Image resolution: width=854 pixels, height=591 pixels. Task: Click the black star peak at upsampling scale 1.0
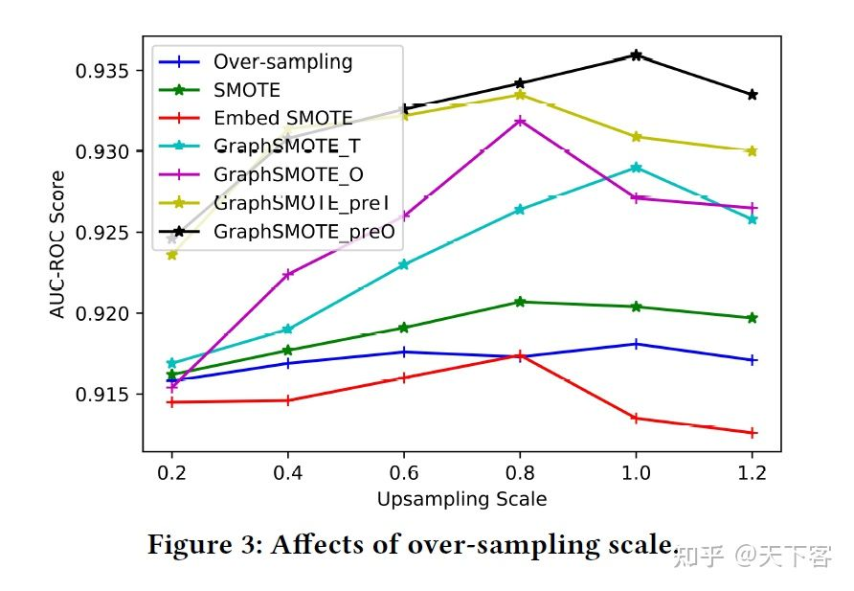click(636, 56)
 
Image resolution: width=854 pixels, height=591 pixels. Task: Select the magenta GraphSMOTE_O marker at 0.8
click(520, 121)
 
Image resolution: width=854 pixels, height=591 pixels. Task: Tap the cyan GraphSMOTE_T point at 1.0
click(636, 168)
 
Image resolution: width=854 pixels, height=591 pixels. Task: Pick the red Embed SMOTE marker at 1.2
click(753, 433)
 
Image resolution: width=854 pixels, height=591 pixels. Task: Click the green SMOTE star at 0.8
click(520, 302)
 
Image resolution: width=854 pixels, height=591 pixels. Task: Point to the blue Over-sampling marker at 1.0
click(636, 344)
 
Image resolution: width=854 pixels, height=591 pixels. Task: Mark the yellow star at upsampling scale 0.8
click(520, 94)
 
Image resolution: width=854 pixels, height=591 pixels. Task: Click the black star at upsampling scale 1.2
click(753, 95)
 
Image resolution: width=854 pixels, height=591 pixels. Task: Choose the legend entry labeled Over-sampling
click(282, 62)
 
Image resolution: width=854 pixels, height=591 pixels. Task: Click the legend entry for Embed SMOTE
click(282, 119)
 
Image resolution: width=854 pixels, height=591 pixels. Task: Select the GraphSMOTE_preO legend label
click(303, 232)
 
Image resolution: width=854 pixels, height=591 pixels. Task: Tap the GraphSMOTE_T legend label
click(287, 147)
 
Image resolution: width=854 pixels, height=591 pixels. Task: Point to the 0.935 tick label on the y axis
click(104, 71)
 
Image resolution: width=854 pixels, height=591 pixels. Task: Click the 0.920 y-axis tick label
click(104, 313)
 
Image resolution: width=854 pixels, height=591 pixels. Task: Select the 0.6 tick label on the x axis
click(404, 472)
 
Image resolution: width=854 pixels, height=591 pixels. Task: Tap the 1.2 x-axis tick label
click(753, 472)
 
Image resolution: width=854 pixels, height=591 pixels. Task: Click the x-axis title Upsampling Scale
click(461, 499)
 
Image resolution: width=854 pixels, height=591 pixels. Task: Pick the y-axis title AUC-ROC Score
click(59, 244)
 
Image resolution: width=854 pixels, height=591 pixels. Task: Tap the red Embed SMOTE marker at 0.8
click(520, 355)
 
